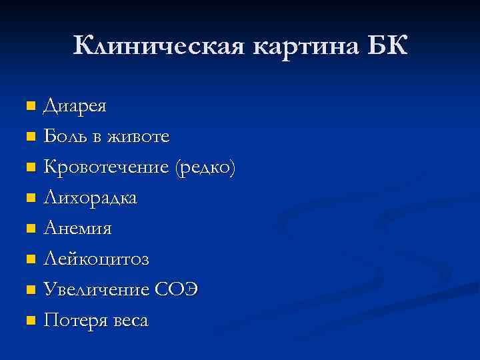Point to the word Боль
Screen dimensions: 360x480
pyautogui.click(x=64, y=137)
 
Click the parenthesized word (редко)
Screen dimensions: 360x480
pyautogui.click(x=205, y=167)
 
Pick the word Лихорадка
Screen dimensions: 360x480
pyautogui.click(x=91, y=198)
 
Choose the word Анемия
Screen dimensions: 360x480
pyautogui.click(x=77, y=229)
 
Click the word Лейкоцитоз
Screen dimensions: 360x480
pyautogui.click(x=96, y=259)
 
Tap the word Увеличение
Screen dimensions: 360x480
pyautogui.click(x=97, y=290)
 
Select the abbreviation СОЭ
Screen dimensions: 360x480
pyautogui.click(x=176, y=290)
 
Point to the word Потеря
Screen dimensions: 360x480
pyautogui.click(x=73, y=321)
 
